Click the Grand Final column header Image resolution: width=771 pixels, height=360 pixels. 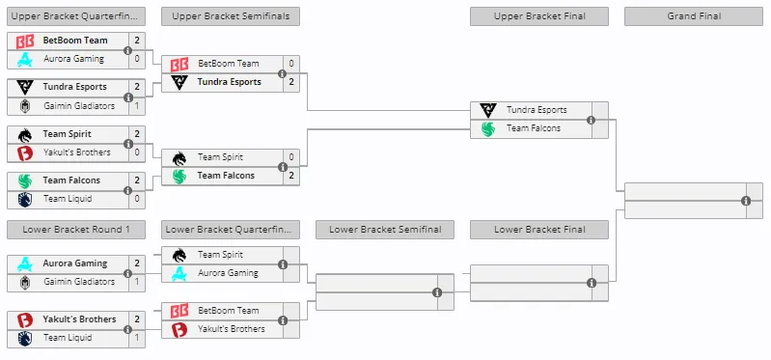click(693, 16)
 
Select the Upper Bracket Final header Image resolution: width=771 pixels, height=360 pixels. click(538, 16)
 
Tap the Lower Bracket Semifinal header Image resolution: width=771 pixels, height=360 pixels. click(384, 230)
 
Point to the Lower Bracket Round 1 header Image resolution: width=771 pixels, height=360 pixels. click(76, 230)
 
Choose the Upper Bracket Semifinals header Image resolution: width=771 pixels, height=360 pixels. click(231, 16)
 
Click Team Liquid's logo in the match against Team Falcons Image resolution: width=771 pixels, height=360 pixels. click(24, 199)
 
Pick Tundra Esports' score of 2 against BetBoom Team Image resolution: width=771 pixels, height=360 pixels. click(291, 82)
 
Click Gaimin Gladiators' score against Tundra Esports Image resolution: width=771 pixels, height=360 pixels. click(137, 106)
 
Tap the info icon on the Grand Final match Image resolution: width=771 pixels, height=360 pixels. click(746, 201)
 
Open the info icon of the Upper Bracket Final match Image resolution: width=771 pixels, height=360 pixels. click(591, 120)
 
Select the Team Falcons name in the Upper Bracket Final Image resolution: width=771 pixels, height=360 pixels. click(534, 128)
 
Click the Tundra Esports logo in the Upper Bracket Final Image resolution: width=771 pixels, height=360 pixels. click(487, 110)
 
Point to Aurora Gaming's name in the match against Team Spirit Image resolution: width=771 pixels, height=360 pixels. click(228, 273)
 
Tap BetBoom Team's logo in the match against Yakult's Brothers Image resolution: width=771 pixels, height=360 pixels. click(179, 311)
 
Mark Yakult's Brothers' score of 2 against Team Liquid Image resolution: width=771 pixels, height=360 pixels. click(137, 319)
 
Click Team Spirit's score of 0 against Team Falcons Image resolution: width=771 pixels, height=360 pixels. click(291, 157)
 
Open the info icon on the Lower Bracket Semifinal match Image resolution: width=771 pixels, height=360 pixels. click(437, 292)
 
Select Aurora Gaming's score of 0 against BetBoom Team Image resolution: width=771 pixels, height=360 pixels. click(137, 59)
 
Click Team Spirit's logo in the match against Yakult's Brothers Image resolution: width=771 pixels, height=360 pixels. click(24, 135)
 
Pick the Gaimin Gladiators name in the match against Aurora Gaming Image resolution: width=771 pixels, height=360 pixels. click(79, 282)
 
